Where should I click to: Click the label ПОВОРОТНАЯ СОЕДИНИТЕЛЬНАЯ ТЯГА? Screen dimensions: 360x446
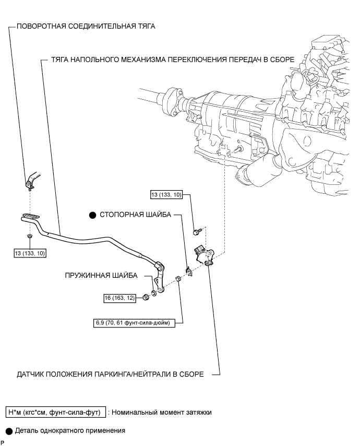86,27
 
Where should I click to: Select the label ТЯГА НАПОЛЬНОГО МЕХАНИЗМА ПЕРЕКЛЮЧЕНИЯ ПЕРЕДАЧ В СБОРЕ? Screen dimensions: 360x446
173,60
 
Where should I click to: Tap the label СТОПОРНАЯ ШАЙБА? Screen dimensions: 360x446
135,215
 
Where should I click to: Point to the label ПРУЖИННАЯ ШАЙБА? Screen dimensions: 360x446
101,275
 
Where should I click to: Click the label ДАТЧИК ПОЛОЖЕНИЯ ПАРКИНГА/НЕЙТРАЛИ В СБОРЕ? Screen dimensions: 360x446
110,374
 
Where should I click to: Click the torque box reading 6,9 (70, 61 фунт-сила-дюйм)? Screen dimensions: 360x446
134,323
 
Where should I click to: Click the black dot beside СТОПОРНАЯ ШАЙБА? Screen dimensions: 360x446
93,215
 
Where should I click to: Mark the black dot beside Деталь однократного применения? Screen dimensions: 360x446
9,431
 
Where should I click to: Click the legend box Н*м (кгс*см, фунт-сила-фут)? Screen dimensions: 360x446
56,412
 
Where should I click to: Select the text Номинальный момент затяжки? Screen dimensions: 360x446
161,413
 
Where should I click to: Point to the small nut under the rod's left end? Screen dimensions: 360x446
30,237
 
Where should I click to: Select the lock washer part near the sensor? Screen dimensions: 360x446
189,271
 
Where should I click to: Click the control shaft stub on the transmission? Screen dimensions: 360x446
238,149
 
